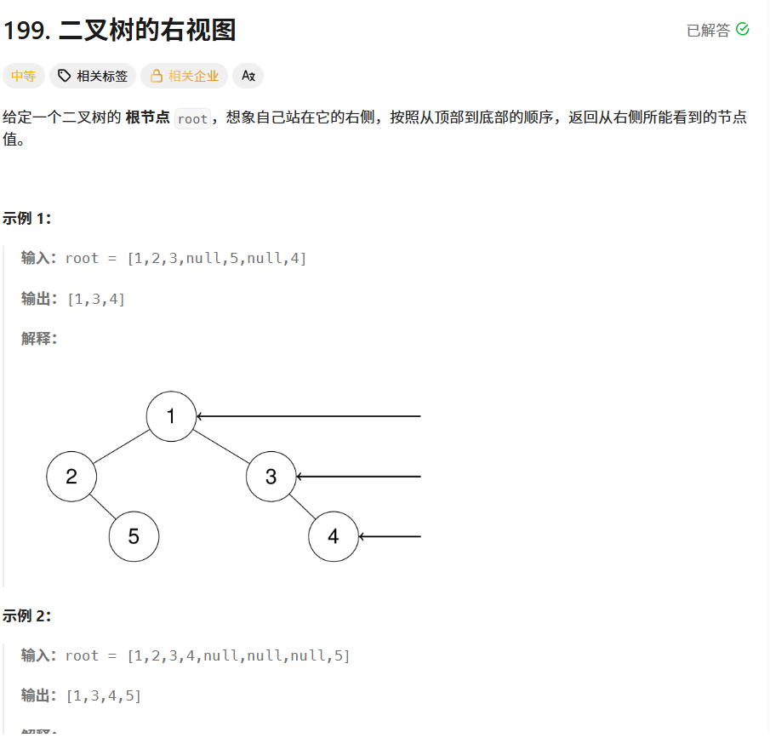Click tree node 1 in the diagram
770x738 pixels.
coord(171,416)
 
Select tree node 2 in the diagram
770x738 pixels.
coord(71,477)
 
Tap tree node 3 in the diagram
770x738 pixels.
coord(271,477)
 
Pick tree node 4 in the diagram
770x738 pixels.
coord(333,536)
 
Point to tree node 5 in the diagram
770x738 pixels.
coord(134,536)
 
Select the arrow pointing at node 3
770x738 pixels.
coord(358,477)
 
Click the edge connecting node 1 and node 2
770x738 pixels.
coord(121,447)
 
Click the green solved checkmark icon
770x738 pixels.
coord(742,30)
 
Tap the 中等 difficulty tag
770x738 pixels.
coord(23,76)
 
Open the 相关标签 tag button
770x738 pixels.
coord(93,76)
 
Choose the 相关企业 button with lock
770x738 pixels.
coord(185,76)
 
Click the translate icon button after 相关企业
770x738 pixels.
coord(248,76)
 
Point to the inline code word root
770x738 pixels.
coord(192,119)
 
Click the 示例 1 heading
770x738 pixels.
coord(27,218)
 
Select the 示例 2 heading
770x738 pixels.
coord(27,615)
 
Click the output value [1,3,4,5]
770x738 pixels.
coord(104,695)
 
